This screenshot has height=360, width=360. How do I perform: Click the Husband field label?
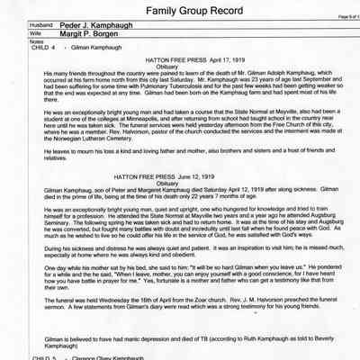point(19,31)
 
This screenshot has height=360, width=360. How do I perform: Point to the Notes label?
point(12,49)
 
